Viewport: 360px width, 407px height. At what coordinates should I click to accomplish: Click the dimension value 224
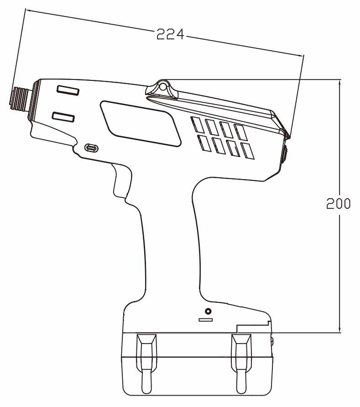170,34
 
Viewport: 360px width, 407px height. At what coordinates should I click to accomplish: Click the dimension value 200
338,203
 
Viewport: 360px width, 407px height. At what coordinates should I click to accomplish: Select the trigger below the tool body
122,181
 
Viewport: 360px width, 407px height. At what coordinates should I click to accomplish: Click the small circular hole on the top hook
162,87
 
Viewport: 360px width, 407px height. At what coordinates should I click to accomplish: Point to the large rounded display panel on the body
141,123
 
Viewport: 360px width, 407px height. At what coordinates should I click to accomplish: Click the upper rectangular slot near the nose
68,90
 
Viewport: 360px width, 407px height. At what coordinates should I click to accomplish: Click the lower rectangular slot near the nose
63,117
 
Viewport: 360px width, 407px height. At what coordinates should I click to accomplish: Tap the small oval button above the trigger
91,148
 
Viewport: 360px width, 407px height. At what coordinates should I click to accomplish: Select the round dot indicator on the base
208,311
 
